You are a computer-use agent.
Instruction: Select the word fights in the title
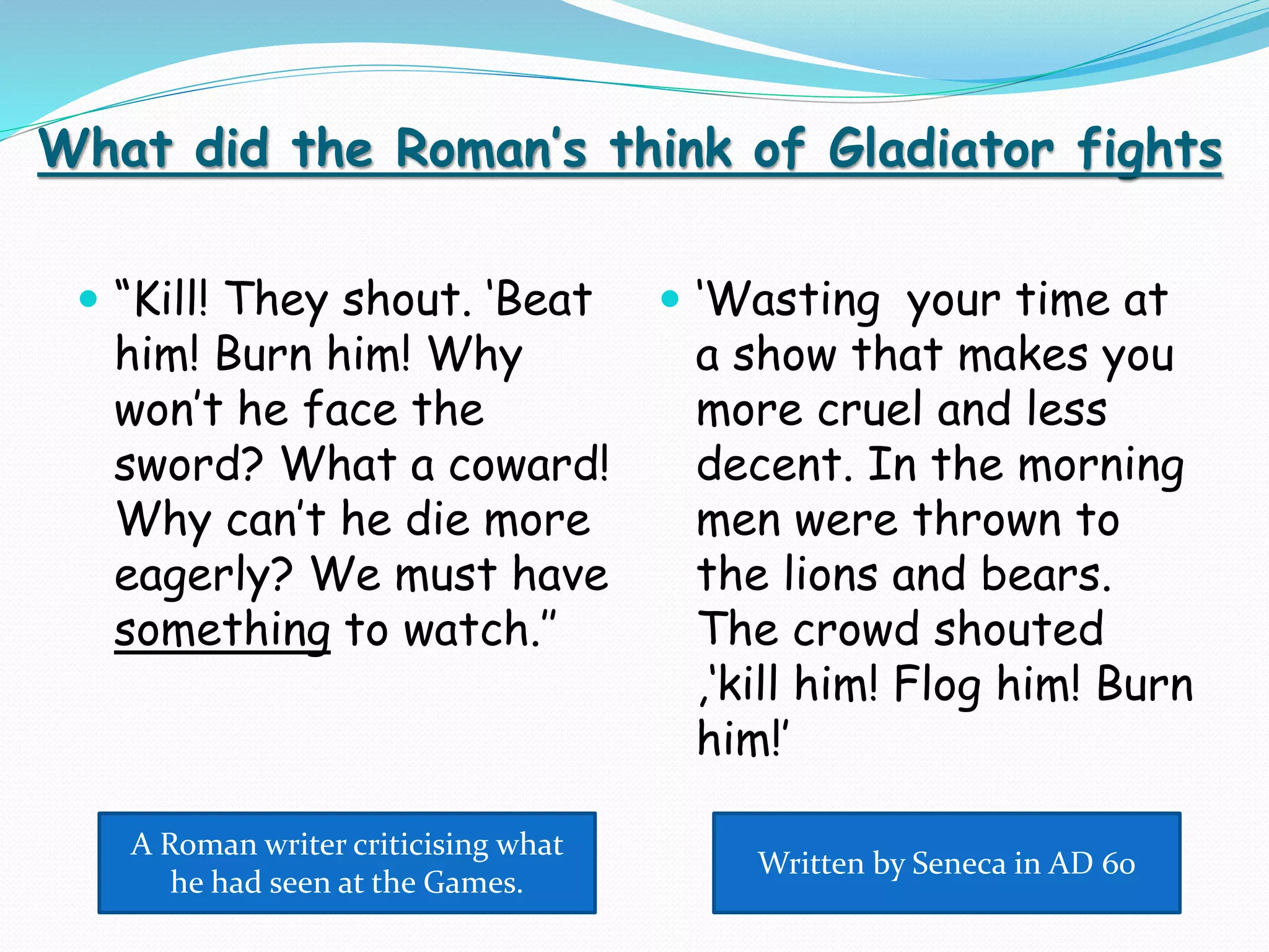click(1149, 150)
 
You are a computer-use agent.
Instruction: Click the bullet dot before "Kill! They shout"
click(89, 299)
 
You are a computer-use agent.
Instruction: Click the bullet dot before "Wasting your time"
click(670, 299)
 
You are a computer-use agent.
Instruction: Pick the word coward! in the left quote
click(529, 465)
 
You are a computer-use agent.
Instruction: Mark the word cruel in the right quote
click(871, 410)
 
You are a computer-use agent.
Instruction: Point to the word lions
click(831, 575)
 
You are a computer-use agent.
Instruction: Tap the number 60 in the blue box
click(1118, 863)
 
